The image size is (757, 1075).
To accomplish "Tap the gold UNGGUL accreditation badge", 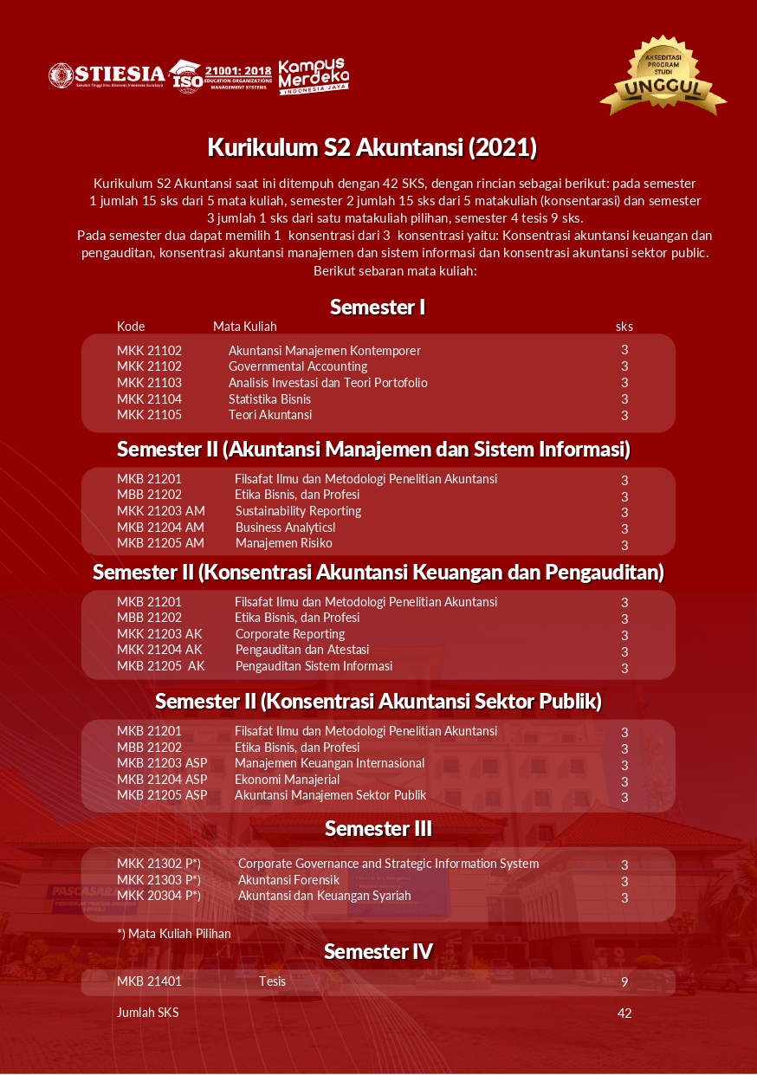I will click(663, 77).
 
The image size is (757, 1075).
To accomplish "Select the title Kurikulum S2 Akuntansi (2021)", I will click(372, 148).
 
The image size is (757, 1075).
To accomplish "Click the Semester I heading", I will click(378, 307).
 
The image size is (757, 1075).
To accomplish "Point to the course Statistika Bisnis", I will click(269, 399).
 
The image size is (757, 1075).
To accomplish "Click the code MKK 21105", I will click(149, 415).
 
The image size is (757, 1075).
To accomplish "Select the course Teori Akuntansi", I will click(270, 415).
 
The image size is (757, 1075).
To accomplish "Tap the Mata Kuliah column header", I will click(245, 327).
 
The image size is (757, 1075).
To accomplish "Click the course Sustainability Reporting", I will click(298, 511).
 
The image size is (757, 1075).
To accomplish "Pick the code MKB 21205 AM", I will click(160, 543).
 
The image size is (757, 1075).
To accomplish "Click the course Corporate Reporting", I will click(290, 634).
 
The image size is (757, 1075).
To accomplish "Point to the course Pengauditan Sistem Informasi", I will click(314, 666).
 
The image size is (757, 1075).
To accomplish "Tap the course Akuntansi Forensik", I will click(288, 880).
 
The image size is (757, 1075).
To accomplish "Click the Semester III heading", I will click(378, 829).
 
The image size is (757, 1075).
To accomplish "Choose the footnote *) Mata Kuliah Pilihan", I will click(174, 934).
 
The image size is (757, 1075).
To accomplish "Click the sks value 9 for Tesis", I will click(624, 982).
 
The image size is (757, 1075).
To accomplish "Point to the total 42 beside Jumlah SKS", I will click(624, 1013).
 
